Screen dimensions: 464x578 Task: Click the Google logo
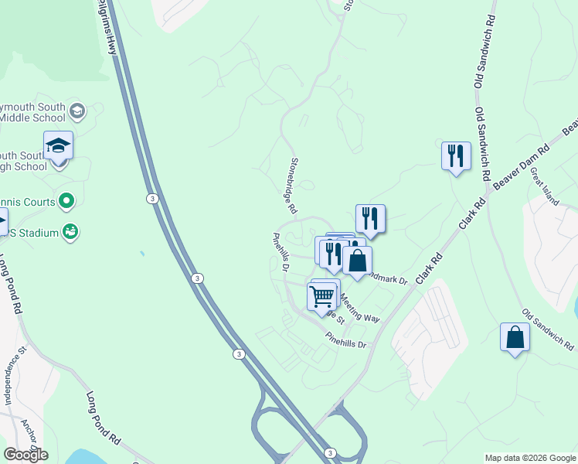[x=25, y=455]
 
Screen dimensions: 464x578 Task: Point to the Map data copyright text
[x=529, y=458]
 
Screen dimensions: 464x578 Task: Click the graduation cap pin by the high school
[x=58, y=145]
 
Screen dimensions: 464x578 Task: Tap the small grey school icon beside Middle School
[x=76, y=111]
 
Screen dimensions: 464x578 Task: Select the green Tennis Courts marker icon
[x=67, y=202]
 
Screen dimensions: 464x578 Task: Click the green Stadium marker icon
[x=70, y=230]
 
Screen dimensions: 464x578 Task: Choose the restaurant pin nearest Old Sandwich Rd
[x=456, y=155]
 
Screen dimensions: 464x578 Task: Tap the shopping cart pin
[x=321, y=295]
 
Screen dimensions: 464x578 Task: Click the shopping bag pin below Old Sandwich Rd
[x=515, y=337]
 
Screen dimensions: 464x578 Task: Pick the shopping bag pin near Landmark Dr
[x=357, y=260]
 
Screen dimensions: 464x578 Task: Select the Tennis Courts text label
[x=28, y=203]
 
